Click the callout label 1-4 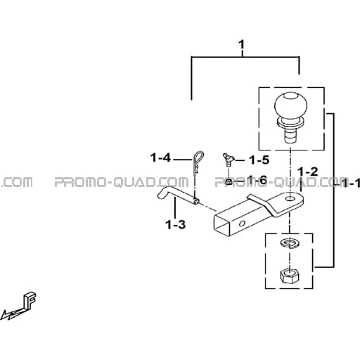click(161, 157)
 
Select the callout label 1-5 click(259, 160)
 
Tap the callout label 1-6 click(257, 180)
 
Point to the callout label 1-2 click(308, 172)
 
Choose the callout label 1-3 click(175, 224)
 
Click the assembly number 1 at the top click(241, 44)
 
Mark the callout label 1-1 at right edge click(350, 183)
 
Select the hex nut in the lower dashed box click(290, 275)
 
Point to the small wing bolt click(228, 160)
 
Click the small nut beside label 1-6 click(229, 181)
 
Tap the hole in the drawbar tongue click(290, 199)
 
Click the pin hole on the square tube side click(242, 224)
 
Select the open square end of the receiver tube click(222, 224)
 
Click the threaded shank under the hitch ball click(290, 136)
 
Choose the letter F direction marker click(30, 300)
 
